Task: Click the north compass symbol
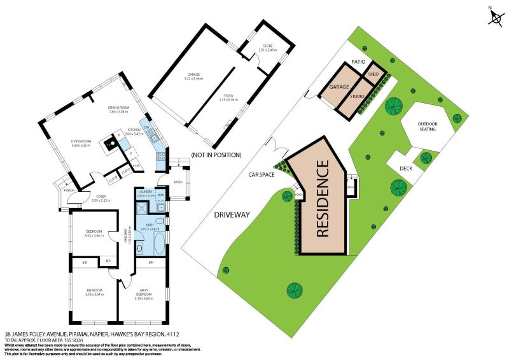pyautogui.click(x=495, y=18)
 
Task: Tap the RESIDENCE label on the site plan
pyautogui.click(x=323, y=198)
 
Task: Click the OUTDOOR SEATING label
pyautogui.click(x=427, y=127)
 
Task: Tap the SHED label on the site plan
pyautogui.click(x=375, y=73)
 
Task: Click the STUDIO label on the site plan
pyautogui.click(x=358, y=97)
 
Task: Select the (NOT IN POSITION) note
pyautogui.click(x=216, y=155)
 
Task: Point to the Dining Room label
pyautogui.click(x=118, y=109)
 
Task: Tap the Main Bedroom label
pyautogui.click(x=143, y=294)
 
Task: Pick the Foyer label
pyautogui.click(x=101, y=198)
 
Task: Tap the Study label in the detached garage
pyautogui.click(x=228, y=99)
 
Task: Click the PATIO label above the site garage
pyautogui.click(x=358, y=62)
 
